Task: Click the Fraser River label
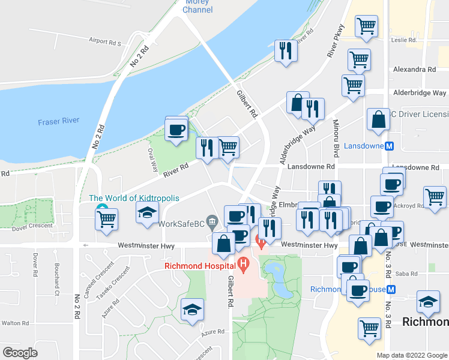coord(58,121)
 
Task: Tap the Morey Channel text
coord(197,6)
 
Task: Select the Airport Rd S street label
coord(104,43)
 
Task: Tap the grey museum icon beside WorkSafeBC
coord(211,223)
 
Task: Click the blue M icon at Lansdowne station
coord(390,146)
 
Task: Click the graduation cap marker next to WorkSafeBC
coord(147,214)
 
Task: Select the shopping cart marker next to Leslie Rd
coord(366,27)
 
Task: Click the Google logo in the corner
coord(20,352)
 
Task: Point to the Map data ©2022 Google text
coord(412,355)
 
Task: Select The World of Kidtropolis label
coord(133,198)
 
